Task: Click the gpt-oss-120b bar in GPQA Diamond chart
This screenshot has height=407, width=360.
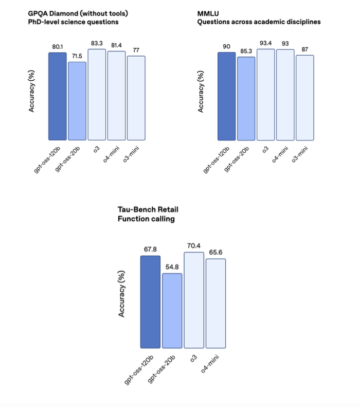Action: coord(58,96)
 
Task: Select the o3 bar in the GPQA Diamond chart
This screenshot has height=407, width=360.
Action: coord(97,95)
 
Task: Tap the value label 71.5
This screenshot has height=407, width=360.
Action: coord(77,56)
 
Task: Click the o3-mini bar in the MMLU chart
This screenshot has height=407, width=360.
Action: coord(304,98)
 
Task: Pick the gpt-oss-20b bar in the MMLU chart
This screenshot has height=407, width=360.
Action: coord(246,99)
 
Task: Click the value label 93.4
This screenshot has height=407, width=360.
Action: coord(266,43)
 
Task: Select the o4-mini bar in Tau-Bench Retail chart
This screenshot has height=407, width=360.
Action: coord(216,303)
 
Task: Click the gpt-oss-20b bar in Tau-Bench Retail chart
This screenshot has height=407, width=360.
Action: coord(172,311)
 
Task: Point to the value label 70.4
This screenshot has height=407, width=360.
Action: coord(194,246)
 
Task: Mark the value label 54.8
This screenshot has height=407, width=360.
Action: coord(172,267)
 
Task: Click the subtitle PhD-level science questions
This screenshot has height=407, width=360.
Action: coord(73,22)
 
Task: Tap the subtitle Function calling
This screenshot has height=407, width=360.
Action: coord(147,219)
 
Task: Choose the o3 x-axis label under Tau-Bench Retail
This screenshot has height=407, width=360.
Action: coord(193,359)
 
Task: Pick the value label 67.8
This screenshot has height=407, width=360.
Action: coord(151,250)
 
